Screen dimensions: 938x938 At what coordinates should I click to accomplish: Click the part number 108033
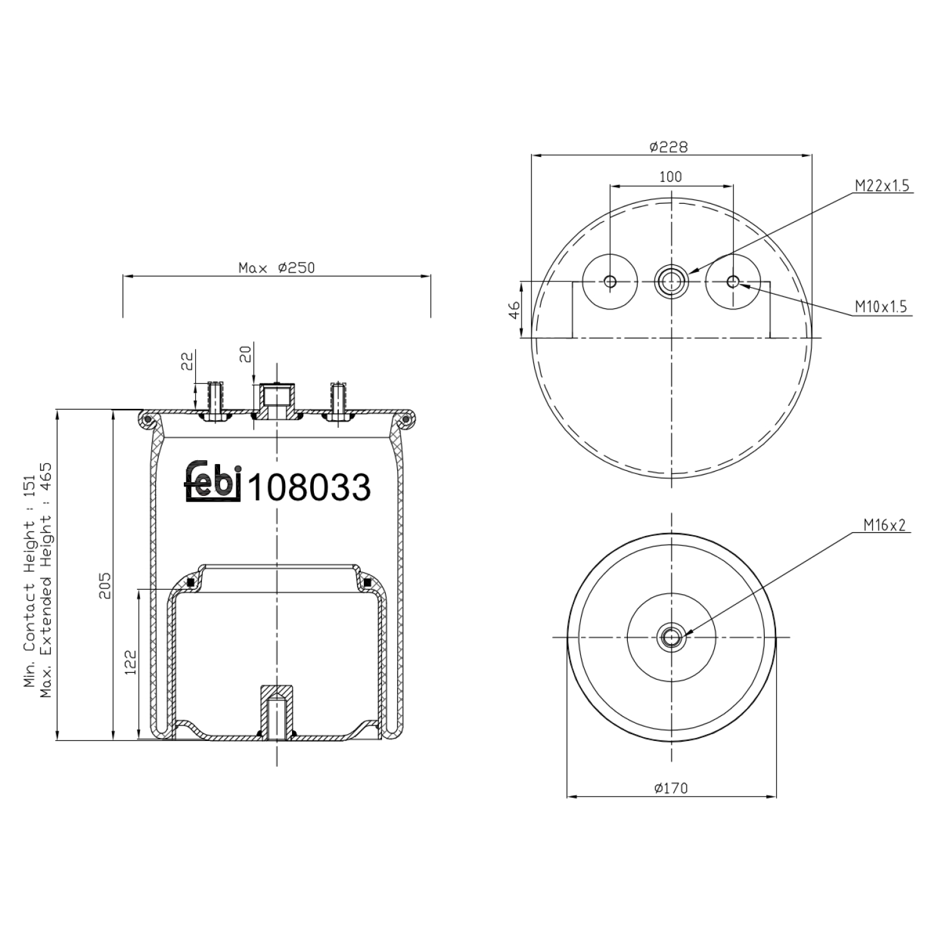coord(310,487)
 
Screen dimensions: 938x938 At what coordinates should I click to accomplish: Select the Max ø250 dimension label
coord(276,268)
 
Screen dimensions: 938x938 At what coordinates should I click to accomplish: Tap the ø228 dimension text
coord(668,147)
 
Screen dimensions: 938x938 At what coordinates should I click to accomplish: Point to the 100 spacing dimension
coord(670,177)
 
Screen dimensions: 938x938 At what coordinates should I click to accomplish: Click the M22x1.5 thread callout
coord(882,186)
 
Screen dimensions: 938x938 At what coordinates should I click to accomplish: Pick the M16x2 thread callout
coord(884,526)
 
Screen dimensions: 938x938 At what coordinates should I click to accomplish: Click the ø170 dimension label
coord(670,788)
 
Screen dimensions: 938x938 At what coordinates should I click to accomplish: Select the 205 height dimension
coord(105,585)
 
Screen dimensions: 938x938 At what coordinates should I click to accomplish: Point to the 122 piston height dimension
coord(130,662)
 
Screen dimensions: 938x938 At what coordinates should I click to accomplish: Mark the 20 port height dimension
coord(245,355)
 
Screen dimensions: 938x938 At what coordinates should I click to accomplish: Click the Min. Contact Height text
coord(29,585)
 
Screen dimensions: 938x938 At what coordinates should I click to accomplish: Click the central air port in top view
coord(671,282)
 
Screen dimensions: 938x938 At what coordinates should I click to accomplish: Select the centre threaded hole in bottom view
coord(671,638)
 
